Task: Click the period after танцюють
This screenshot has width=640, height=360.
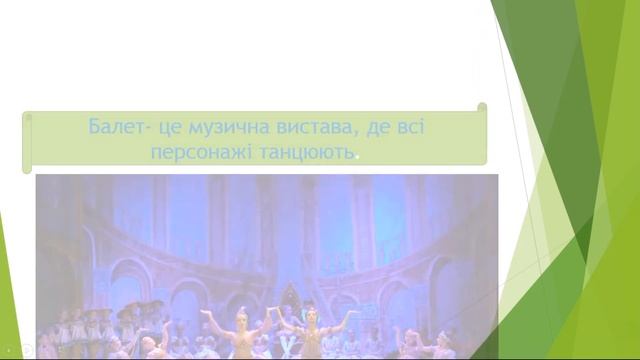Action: coord(357,157)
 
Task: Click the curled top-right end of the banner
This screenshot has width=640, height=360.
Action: coord(482,108)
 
